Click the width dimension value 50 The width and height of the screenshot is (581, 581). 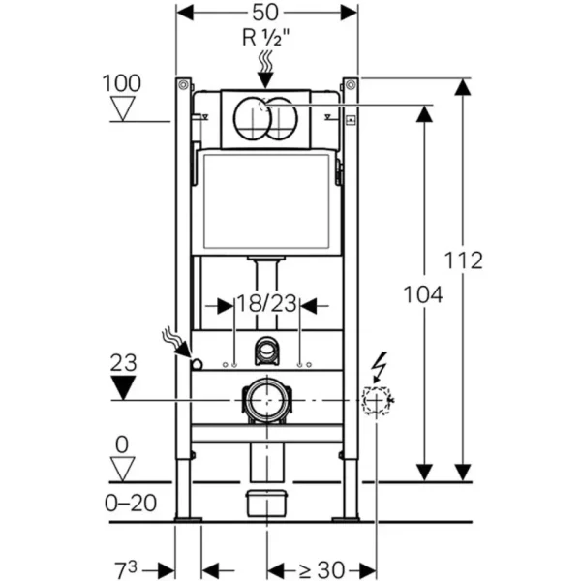click(267, 15)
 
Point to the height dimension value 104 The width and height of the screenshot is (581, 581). click(423, 294)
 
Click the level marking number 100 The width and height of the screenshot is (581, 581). click(122, 83)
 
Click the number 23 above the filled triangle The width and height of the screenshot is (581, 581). click(122, 363)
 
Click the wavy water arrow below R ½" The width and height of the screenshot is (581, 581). click(267, 64)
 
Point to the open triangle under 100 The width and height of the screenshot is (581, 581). click(122, 107)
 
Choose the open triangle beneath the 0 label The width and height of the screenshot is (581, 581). click(122, 470)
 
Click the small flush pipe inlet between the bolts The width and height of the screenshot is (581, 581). click(266, 351)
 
